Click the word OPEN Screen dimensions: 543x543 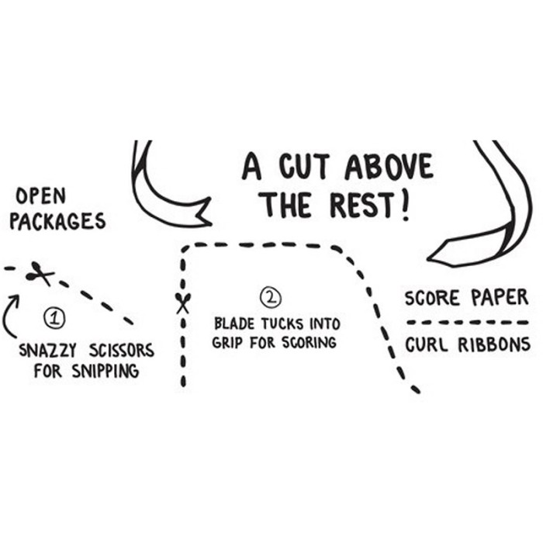tap(41, 196)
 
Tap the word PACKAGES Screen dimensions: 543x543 tap(57, 222)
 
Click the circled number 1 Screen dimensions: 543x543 tap(54, 318)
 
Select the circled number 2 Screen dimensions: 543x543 tap(271, 297)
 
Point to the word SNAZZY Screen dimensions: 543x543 tap(47, 350)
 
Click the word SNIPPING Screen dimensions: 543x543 tap(105, 372)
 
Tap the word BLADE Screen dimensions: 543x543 tap(234, 324)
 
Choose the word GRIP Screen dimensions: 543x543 tap(227, 343)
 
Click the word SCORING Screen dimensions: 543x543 tap(309, 343)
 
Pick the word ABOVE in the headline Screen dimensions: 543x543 tap(389, 167)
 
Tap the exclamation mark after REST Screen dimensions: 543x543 tap(404, 206)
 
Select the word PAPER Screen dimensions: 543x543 tap(500, 297)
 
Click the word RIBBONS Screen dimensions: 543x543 tap(494, 345)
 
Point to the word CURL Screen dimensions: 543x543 tap(427, 345)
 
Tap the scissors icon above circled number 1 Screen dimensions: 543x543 tap(40, 274)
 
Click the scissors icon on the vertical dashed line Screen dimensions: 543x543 tap(183, 303)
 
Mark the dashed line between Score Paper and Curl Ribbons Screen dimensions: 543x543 tap(468, 323)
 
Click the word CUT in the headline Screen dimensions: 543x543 tap(304, 167)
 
